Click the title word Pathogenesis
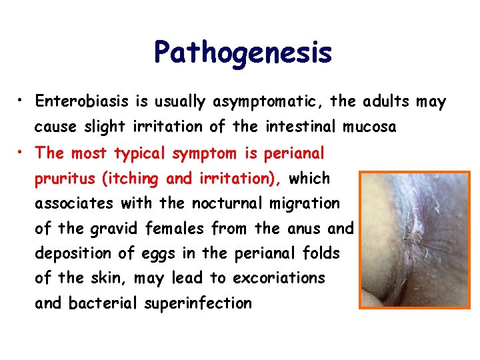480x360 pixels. pyautogui.click(x=243, y=53)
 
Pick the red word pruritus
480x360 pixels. pyautogui.click(x=62, y=179)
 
